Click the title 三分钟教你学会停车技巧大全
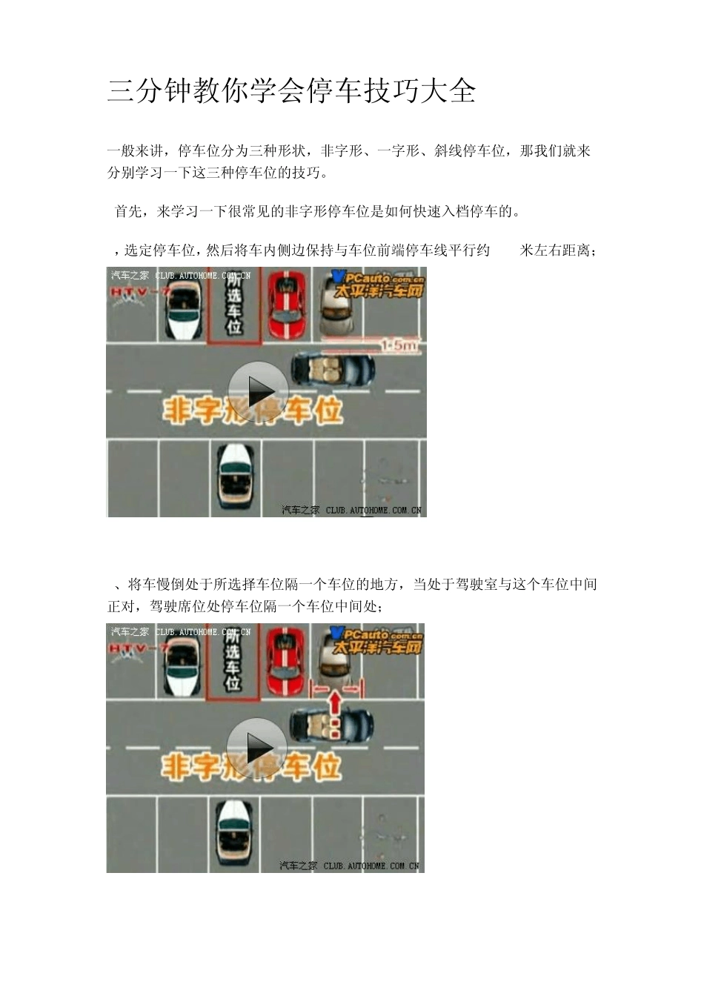[291, 90]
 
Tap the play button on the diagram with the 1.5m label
[257, 391]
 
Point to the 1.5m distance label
[399, 344]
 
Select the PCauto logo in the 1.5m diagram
[379, 282]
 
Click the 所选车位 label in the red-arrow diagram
[233, 660]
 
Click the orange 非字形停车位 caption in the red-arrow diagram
[251, 767]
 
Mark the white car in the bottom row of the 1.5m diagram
[237, 479]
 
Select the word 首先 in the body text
[129, 212]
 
